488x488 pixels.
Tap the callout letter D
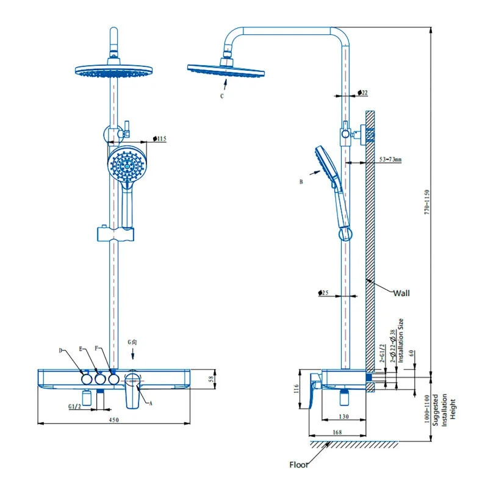61,350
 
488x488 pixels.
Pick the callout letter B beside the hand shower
301,182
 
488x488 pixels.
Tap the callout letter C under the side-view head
223,96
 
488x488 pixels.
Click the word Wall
401,293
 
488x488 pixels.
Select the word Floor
300,465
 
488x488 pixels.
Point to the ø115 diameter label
159,139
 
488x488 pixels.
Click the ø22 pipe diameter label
362,93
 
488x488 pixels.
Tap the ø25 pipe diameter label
324,293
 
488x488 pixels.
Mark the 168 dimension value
337,432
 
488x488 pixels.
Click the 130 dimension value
344,417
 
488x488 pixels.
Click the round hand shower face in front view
127,163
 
